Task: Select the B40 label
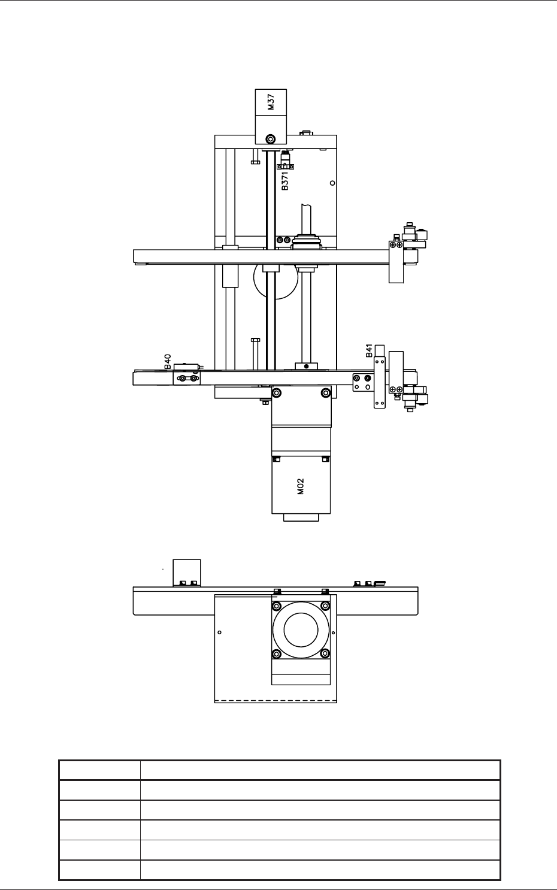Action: [x=168, y=362]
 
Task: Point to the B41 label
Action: [x=370, y=350]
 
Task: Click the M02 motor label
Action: [x=301, y=486]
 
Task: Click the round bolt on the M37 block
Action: [x=271, y=139]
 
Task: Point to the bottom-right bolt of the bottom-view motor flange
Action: [x=325, y=653]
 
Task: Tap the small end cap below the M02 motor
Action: [x=301, y=517]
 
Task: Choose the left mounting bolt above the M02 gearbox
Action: [x=277, y=393]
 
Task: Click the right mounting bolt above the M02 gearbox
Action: [x=325, y=393]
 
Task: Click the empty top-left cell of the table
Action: [x=99, y=770]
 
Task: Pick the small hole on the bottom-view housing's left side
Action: [x=220, y=632]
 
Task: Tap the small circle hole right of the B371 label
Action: [x=332, y=183]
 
